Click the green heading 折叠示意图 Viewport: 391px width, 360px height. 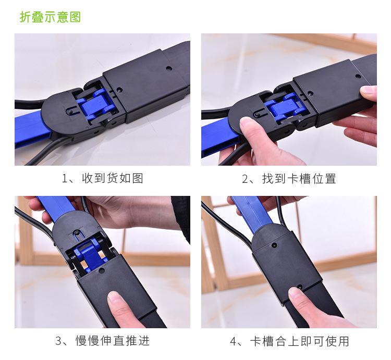[51, 17]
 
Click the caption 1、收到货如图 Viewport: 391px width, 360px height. [102, 179]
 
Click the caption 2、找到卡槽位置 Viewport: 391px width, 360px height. [289, 179]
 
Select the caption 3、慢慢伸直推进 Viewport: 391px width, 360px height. [102, 341]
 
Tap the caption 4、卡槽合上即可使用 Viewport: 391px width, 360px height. [289, 341]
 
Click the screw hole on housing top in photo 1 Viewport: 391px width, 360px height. [168, 68]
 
